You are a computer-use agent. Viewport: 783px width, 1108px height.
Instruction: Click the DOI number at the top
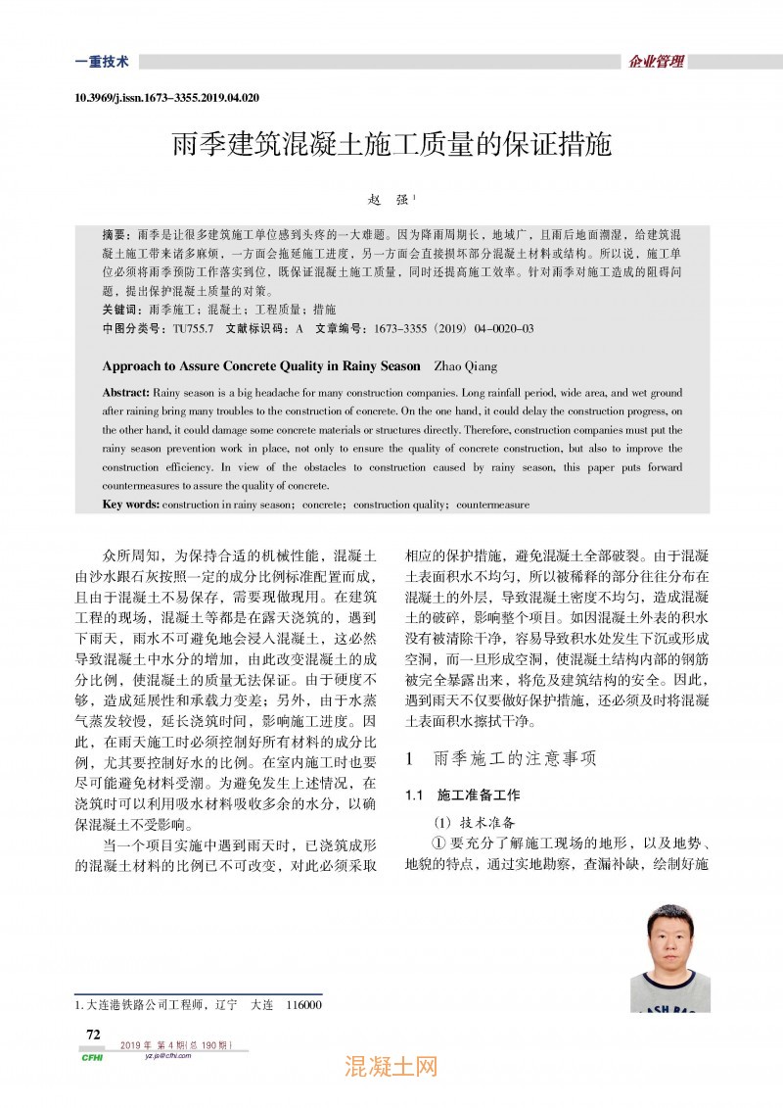click(166, 99)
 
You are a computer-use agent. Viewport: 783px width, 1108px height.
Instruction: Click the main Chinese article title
click(391, 147)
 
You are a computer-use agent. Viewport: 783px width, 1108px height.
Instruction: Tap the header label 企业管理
click(656, 62)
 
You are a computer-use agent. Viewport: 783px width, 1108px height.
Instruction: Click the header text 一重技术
click(102, 62)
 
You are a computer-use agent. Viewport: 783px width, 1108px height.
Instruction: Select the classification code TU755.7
click(194, 328)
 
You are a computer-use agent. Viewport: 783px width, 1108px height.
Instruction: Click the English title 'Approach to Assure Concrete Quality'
click(260, 366)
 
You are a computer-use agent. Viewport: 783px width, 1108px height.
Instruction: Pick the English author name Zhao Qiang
click(464, 366)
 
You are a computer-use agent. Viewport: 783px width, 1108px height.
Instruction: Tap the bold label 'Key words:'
click(131, 505)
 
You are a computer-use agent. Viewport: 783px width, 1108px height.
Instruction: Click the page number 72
click(94, 1035)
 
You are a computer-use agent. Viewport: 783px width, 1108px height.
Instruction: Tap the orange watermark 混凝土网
click(391, 1068)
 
